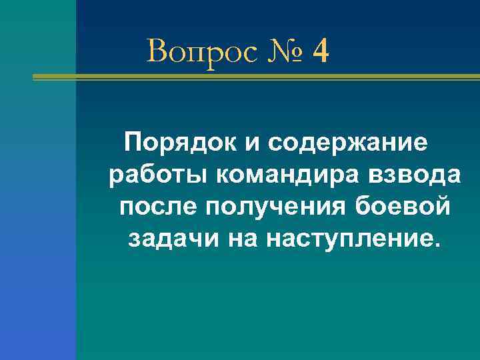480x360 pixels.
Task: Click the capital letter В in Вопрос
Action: coord(157,52)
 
